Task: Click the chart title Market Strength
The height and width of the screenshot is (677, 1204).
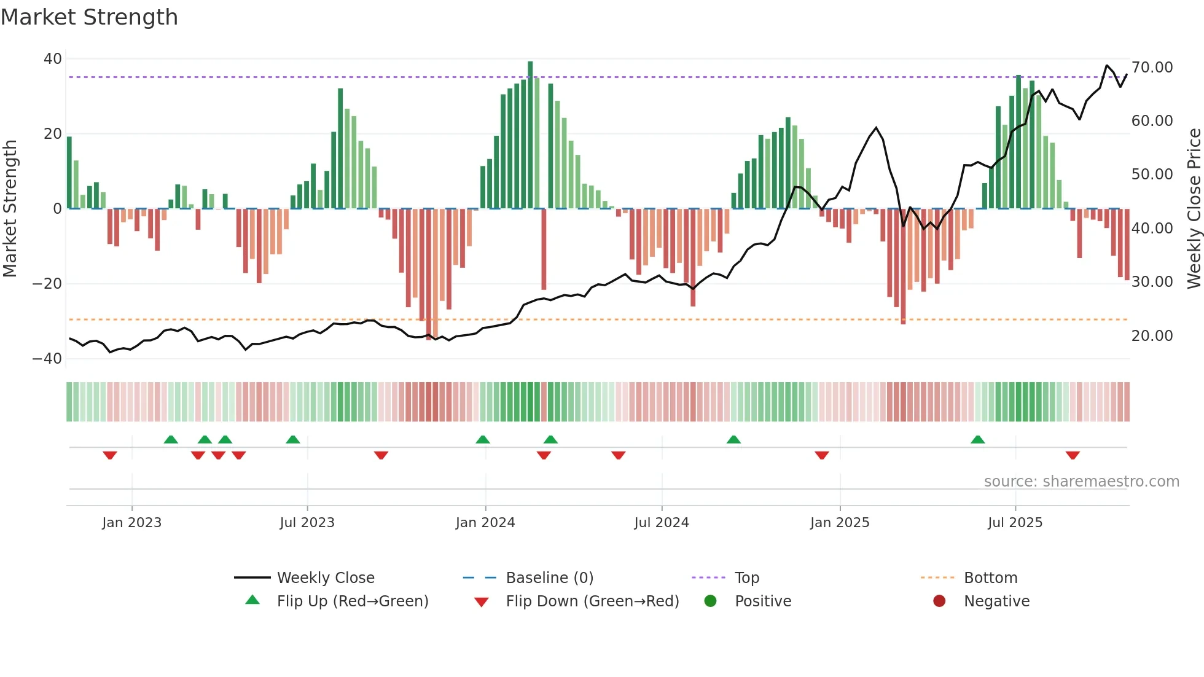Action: [x=90, y=17]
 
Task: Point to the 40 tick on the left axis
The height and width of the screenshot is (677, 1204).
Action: [x=53, y=59]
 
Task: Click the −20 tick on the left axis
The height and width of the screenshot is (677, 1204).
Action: [x=47, y=284]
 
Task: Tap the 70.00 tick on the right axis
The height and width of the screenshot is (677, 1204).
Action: [x=1152, y=68]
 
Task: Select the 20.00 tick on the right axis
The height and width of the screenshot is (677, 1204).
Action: [x=1152, y=336]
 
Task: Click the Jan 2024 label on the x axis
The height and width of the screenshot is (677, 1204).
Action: [x=485, y=523]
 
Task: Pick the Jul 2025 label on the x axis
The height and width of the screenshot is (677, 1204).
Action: [x=1015, y=523]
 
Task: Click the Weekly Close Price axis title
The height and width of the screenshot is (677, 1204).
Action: [x=1194, y=209]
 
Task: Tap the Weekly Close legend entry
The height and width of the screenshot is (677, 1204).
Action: [x=326, y=578]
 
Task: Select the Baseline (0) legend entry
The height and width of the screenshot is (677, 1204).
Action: [x=549, y=578]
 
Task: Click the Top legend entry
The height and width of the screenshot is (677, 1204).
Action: [x=747, y=578]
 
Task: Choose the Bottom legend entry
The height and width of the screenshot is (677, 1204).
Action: [x=990, y=578]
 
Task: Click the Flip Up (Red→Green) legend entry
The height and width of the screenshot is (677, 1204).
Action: [x=352, y=601]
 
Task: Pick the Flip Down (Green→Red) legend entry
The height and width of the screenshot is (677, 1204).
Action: [x=592, y=601]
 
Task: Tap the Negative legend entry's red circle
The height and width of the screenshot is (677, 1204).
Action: [x=939, y=601]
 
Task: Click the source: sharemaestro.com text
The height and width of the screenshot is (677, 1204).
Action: [x=1081, y=482]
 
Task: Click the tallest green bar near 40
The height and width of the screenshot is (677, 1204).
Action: [x=530, y=135]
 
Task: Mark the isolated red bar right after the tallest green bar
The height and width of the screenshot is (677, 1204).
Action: [x=544, y=249]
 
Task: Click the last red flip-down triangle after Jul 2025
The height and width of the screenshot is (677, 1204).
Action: [x=1073, y=455]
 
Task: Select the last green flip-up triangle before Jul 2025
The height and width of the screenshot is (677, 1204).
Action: [x=977, y=439]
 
